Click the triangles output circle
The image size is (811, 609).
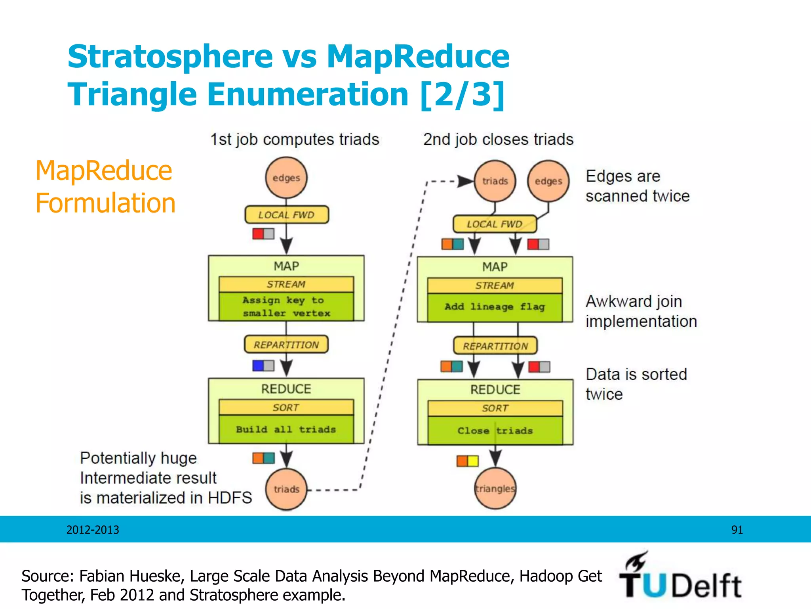pyautogui.click(x=495, y=488)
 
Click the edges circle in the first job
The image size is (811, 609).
pyautogui.click(x=286, y=178)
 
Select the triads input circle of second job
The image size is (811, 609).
pyautogui.click(x=495, y=181)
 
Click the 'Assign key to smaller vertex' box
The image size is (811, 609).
pyautogui.click(x=286, y=306)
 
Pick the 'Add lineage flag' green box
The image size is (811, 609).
pyautogui.click(x=495, y=307)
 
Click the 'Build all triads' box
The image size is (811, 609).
pyautogui.click(x=286, y=429)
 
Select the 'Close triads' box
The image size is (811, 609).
pyautogui.click(x=495, y=431)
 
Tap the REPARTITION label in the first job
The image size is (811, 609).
pyautogui.click(x=286, y=345)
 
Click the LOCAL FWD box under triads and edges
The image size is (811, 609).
pyautogui.click(x=495, y=224)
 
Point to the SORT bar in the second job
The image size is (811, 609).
pyautogui.click(x=495, y=408)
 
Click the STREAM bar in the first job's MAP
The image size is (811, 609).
pyautogui.click(x=286, y=284)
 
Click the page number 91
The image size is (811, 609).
pyautogui.click(x=737, y=530)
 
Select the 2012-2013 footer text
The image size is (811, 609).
pyautogui.click(x=93, y=530)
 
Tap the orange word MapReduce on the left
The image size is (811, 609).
pyautogui.click(x=104, y=171)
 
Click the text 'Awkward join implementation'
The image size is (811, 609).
pyautogui.click(x=641, y=311)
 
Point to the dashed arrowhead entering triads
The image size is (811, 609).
pyautogui.click(x=465, y=181)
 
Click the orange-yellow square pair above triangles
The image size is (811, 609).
pyautogui.click(x=467, y=461)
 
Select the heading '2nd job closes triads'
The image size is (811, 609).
pyautogui.click(x=498, y=140)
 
